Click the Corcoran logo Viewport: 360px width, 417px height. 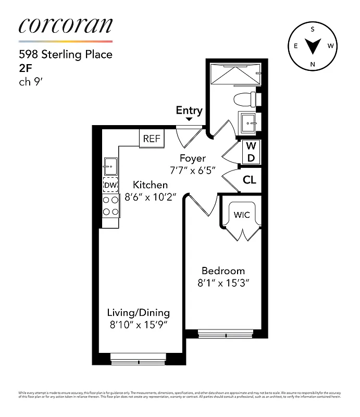coord(65,27)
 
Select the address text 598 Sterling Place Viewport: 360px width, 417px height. coord(65,54)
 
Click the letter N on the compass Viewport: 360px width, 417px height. coord(313,64)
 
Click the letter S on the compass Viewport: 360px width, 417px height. coord(313,29)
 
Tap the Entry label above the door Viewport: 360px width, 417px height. coord(189,110)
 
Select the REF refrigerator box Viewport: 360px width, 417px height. coord(152,139)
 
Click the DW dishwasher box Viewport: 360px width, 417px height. coord(110,185)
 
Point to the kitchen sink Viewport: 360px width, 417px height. coord(110,167)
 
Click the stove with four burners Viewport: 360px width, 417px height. coord(110,205)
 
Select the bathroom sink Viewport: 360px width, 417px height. coord(249,123)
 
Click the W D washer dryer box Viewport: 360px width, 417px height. coord(251,152)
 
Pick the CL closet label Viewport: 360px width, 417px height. coord(249,180)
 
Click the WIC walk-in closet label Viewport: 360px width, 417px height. coord(241,214)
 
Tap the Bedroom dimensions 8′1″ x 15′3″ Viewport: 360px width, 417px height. coord(223,284)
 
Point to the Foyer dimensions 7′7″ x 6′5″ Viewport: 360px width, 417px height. coord(193,169)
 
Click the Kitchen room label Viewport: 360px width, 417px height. coord(150,185)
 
